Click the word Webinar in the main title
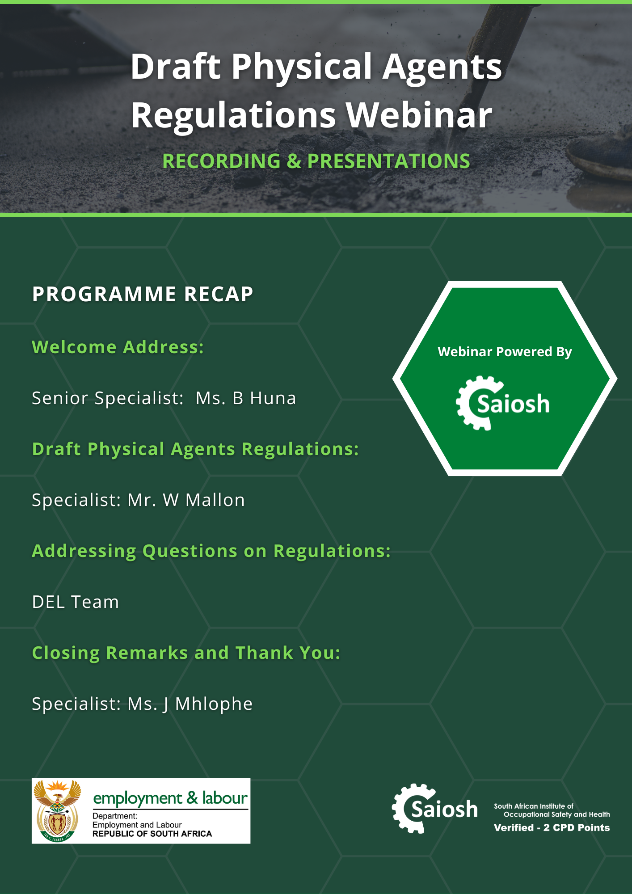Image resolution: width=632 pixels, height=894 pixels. pyautogui.click(x=419, y=115)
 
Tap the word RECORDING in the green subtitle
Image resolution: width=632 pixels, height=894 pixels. pyautogui.click(x=221, y=161)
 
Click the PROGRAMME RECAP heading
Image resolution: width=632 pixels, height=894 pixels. pyautogui.click(x=143, y=294)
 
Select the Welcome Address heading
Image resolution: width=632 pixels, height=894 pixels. pyautogui.click(x=118, y=347)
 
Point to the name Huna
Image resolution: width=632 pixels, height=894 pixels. pyautogui.click(x=273, y=398)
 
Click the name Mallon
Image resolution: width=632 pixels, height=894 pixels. pyautogui.click(x=215, y=500)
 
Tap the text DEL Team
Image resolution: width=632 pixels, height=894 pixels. pyautogui.click(x=76, y=602)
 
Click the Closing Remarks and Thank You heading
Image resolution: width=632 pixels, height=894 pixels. pyautogui.click(x=186, y=653)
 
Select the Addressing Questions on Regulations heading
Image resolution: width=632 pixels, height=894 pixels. pyautogui.click(x=211, y=551)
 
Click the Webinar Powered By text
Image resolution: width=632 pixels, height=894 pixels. pyautogui.click(x=505, y=352)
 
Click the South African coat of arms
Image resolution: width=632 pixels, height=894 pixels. pyautogui.click(x=57, y=811)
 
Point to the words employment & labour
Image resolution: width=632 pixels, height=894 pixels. pyautogui.click(x=170, y=798)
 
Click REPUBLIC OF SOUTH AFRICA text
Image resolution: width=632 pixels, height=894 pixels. pyautogui.click(x=152, y=834)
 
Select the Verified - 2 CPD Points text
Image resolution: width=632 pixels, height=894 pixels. pyautogui.click(x=552, y=827)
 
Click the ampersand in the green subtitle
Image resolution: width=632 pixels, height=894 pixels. pyautogui.click(x=294, y=161)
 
